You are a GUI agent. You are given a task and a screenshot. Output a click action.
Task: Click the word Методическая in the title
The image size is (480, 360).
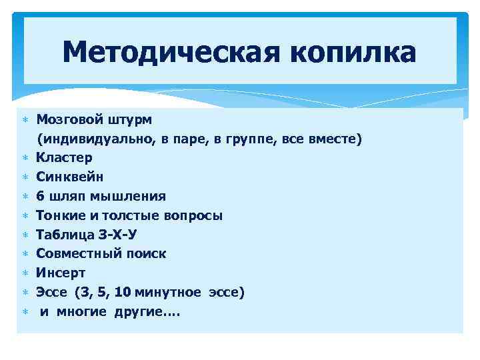(x=167, y=52)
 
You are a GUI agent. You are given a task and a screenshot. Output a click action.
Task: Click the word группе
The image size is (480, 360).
(x=273, y=139)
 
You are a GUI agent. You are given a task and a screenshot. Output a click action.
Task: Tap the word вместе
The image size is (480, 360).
(x=339, y=139)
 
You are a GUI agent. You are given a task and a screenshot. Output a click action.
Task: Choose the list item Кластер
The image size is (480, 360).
(x=65, y=158)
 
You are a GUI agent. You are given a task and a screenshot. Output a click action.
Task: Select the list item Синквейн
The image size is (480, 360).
(x=70, y=177)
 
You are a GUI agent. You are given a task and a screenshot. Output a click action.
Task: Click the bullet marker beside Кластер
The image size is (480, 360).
(x=25, y=159)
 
